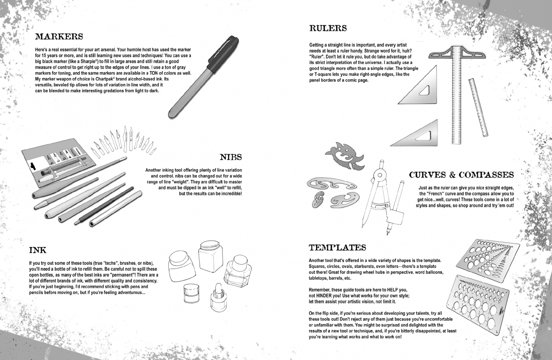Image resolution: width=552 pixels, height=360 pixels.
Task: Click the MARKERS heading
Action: [59, 36]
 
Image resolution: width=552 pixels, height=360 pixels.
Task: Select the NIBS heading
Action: [231, 157]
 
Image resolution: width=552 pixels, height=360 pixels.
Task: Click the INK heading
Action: [38, 250]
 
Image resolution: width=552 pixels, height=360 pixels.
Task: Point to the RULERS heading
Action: [328, 28]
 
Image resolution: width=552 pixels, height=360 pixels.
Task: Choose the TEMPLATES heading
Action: [337, 247]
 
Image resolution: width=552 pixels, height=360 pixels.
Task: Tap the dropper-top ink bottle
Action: [218, 297]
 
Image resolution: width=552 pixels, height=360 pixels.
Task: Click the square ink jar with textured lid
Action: [211, 256]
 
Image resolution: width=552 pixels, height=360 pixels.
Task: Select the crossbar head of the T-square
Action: [457, 52]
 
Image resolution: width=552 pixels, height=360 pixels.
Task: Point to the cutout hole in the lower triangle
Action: [424, 136]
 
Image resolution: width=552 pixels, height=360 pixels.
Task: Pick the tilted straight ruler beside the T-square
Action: [478, 107]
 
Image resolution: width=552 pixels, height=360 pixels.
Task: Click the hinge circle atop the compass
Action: [380, 175]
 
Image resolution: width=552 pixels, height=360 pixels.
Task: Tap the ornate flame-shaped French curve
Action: [345, 156]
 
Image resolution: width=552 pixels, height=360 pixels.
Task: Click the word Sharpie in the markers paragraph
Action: [88, 61]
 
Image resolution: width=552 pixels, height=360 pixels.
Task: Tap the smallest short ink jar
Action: [191, 293]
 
